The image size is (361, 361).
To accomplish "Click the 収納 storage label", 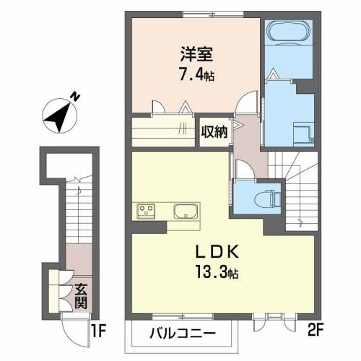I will pos(214,132).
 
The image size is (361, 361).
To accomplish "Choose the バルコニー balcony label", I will pos(183,334).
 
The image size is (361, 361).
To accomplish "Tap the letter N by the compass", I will pos(74,94).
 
